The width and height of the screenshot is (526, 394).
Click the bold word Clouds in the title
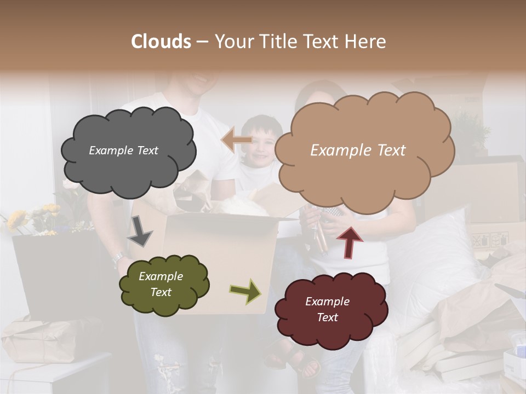coord(161,42)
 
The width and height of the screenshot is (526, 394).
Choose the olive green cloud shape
coord(164,304)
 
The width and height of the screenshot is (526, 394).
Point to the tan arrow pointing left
coord(237,140)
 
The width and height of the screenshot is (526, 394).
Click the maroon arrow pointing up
coord(349,242)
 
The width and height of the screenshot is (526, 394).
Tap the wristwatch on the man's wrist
coord(118,257)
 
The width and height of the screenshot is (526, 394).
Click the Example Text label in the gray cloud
coord(123,150)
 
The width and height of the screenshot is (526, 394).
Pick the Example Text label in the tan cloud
coord(358,150)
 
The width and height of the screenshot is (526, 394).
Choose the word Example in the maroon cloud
coord(327,302)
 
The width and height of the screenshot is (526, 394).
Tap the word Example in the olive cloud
coord(161,276)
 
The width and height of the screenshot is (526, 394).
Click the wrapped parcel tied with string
coord(38,339)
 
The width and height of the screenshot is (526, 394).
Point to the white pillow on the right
coord(433,246)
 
